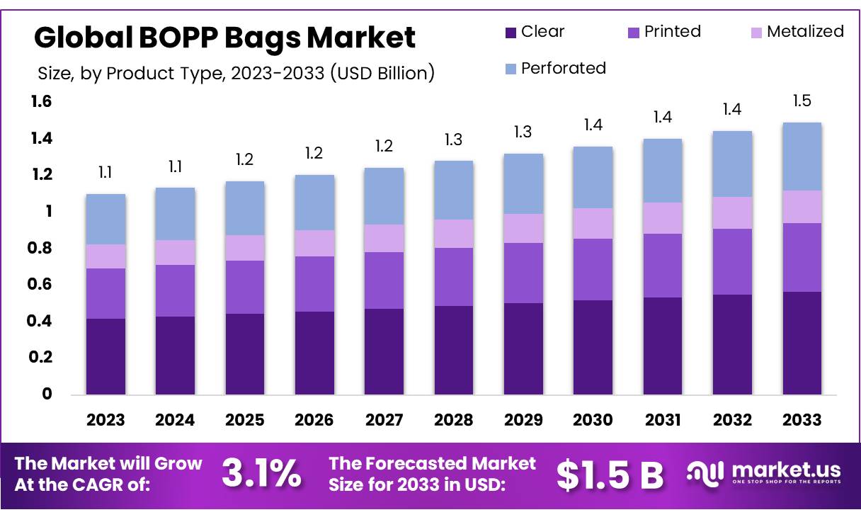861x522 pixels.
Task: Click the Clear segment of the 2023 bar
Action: tap(106, 356)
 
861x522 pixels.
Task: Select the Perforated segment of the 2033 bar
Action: tap(802, 157)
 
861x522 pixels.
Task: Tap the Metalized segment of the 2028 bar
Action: tap(454, 234)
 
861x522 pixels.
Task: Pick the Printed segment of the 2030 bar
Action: tap(593, 269)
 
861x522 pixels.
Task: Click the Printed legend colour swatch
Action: tap(634, 33)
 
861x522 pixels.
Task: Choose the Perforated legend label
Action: tap(564, 68)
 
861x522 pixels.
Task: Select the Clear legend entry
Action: tap(535, 32)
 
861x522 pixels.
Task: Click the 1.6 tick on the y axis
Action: tap(42, 102)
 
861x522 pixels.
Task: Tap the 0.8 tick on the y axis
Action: tap(42, 249)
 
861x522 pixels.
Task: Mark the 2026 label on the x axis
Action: tap(314, 420)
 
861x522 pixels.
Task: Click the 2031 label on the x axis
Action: tap(663, 420)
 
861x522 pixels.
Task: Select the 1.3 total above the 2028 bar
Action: tap(454, 140)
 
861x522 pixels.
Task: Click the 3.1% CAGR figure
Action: tap(261, 474)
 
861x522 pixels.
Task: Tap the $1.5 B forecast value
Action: tap(610, 475)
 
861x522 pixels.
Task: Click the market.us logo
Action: tap(765, 472)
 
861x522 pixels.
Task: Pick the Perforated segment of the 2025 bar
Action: tap(245, 208)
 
